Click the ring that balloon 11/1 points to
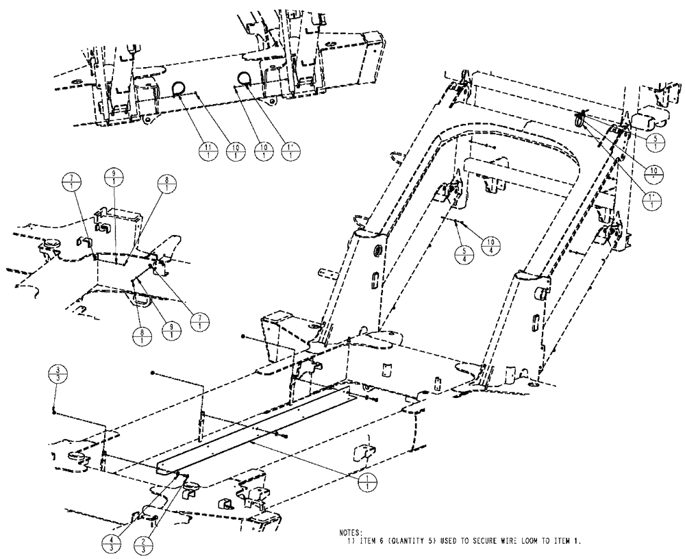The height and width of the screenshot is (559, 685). coord(179,87)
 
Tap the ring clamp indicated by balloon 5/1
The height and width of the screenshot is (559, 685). coord(580,121)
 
